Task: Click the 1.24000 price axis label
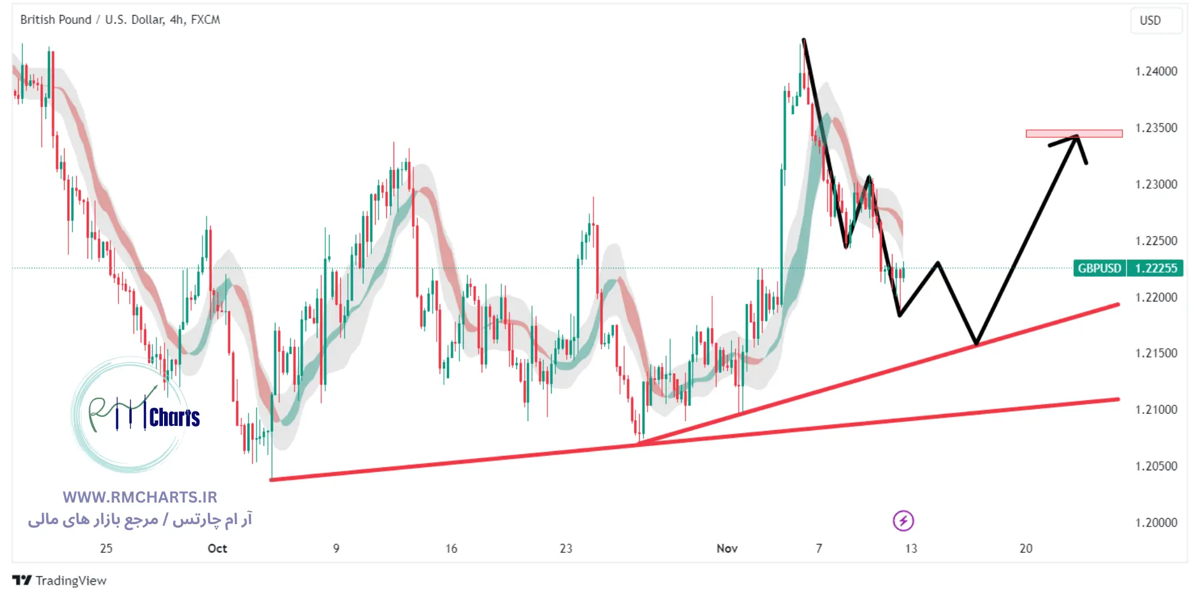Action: tap(1155, 71)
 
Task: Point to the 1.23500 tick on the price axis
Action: tap(1155, 128)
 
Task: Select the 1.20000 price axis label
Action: tap(1155, 522)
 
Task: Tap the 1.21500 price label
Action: tap(1155, 353)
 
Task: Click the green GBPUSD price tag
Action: tap(1099, 268)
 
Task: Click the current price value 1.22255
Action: tap(1155, 268)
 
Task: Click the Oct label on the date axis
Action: tap(217, 549)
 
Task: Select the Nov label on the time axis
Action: tap(727, 549)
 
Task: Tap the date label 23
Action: tap(565, 549)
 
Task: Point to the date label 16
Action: tap(451, 549)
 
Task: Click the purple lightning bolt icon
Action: tap(903, 521)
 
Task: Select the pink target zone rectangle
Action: tap(1073, 134)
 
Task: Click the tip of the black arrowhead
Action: tap(1077, 137)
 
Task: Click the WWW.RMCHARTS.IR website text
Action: tap(140, 497)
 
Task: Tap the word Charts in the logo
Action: tap(174, 418)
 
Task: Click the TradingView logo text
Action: tap(70, 580)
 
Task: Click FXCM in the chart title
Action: tap(205, 20)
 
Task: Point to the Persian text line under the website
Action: tap(140, 519)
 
